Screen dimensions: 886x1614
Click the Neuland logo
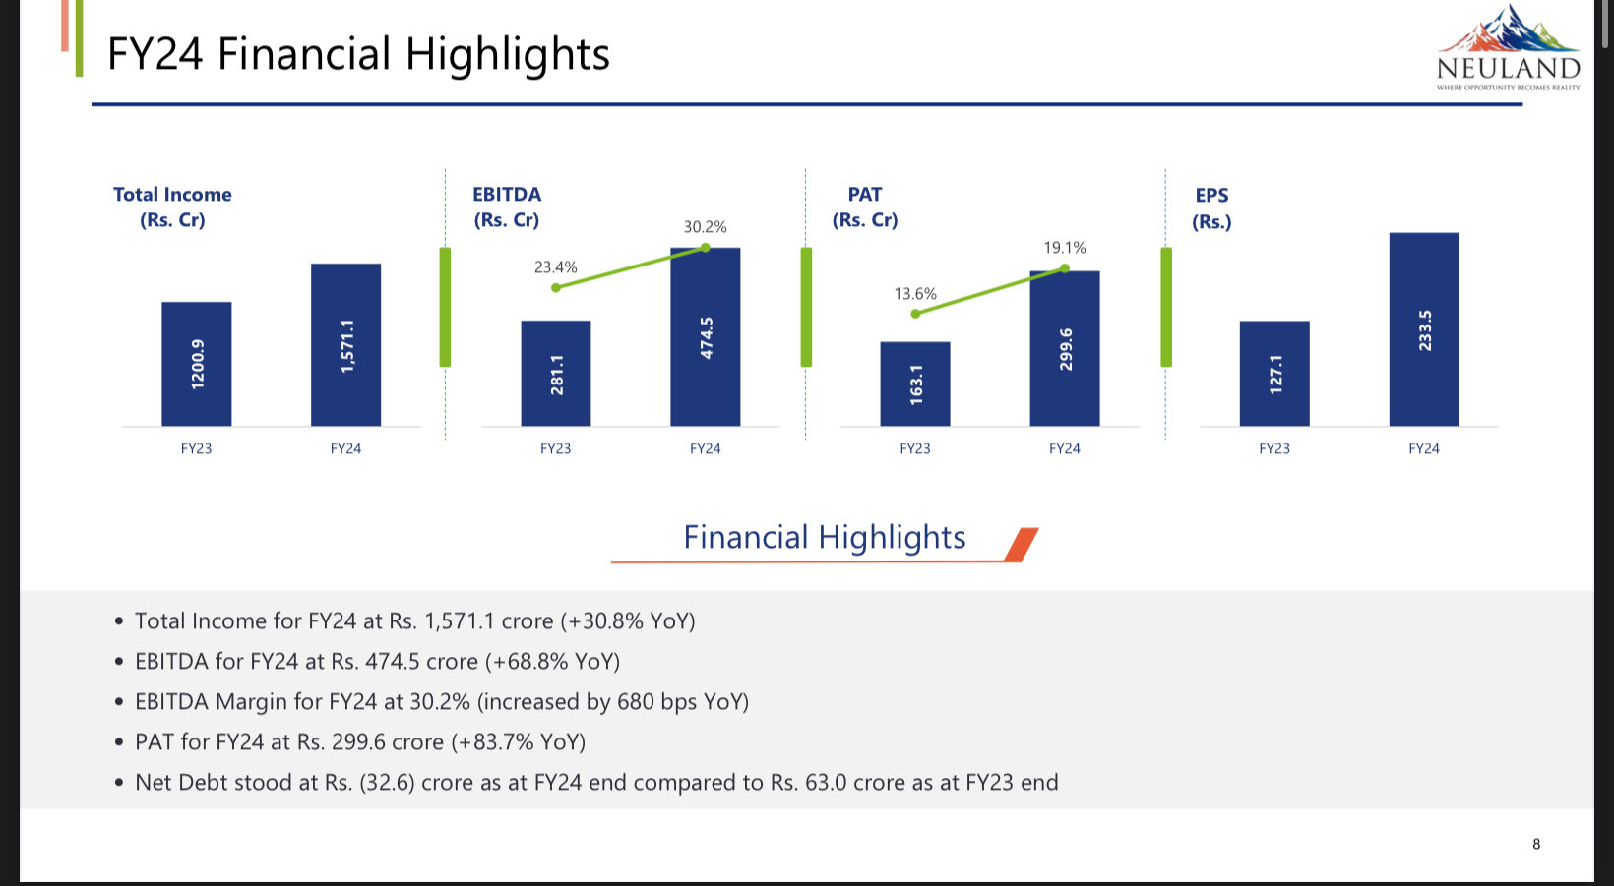click(x=1508, y=49)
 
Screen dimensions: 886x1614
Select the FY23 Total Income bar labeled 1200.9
click(x=197, y=364)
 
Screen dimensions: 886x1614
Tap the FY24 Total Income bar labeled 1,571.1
click(x=345, y=344)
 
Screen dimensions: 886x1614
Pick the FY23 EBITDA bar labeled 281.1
click(x=556, y=374)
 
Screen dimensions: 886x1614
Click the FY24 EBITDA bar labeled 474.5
click(x=706, y=337)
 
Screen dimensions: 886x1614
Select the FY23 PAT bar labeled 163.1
click(x=915, y=384)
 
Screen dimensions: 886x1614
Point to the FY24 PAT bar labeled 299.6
click(x=1065, y=348)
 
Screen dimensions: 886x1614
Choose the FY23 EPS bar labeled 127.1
click(x=1274, y=374)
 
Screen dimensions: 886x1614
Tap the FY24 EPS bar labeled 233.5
click(x=1424, y=329)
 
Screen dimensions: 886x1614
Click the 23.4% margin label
click(x=556, y=267)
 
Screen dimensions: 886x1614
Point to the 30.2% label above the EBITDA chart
click(x=706, y=227)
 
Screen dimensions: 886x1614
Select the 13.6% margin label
click(x=915, y=294)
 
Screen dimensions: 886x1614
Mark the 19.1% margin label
click(x=1065, y=248)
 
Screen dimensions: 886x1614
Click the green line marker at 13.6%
click(x=915, y=314)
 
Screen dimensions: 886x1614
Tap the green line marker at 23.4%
click(x=556, y=287)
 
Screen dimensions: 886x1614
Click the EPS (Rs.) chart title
click(x=1211, y=207)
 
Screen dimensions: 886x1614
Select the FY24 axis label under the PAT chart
click(x=1065, y=448)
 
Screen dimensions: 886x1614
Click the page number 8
click(x=1536, y=844)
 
